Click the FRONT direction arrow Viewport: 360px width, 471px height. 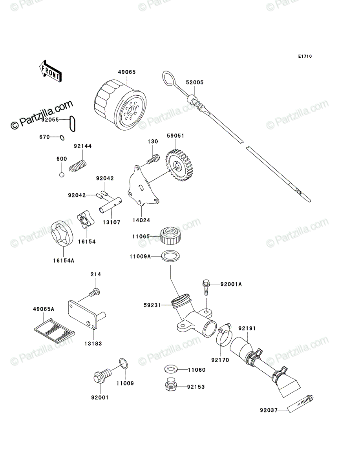pos(50,71)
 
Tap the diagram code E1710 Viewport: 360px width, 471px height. pos(305,57)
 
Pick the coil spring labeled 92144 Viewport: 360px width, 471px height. pos(78,166)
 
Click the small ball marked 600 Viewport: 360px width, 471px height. pos(62,175)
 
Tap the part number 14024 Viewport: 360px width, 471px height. pos(141,220)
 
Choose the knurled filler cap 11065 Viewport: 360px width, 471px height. pos(170,236)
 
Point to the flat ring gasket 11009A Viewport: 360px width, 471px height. pos(170,256)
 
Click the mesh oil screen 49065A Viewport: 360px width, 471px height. pos(54,330)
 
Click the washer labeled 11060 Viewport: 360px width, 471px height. pos(170,369)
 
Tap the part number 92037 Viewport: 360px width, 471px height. pos(269,410)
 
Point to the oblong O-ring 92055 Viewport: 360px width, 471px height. pos(72,124)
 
